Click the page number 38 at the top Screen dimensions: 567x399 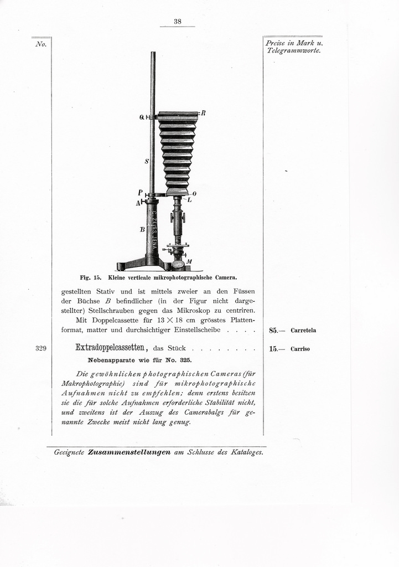click(x=178, y=22)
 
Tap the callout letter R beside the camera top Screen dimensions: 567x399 click(x=203, y=113)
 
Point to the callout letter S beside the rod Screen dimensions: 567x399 click(x=146, y=161)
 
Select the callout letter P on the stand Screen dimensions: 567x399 click(x=141, y=192)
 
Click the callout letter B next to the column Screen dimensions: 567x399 click(x=142, y=228)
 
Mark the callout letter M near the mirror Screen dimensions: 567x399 click(x=189, y=261)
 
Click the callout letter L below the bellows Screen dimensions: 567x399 click(x=189, y=199)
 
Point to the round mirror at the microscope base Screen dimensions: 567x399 click(x=179, y=265)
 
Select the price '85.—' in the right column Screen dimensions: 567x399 click(x=277, y=331)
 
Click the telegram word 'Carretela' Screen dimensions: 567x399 click(x=303, y=331)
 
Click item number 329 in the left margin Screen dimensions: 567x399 click(x=40, y=349)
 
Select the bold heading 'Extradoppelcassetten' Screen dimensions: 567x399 click(x=111, y=348)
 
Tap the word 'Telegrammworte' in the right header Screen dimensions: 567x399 click(x=293, y=51)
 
